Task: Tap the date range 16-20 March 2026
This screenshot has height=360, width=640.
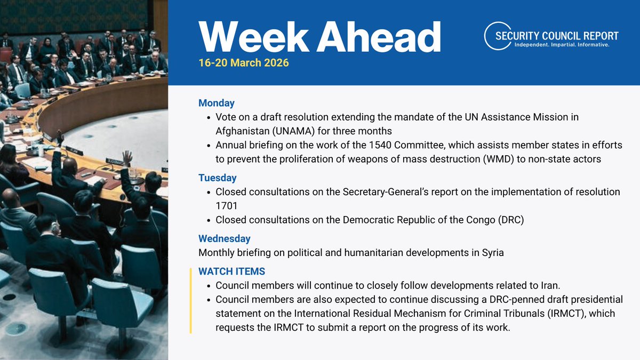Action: point(244,63)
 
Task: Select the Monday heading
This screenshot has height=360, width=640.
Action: point(217,103)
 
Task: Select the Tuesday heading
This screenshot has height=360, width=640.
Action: point(218,178)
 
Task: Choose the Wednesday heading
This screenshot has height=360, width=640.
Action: point(225,238)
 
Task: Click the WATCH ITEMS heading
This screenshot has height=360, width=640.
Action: point(231,271)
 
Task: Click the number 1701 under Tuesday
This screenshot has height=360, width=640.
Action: point(227,205)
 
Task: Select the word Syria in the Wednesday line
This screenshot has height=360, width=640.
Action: point(491,253)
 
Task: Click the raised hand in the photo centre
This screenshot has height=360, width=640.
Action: point(127,156)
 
